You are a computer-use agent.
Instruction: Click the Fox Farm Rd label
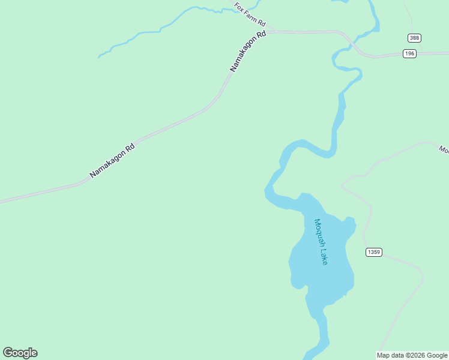pyautogui.click(x=250, y=14)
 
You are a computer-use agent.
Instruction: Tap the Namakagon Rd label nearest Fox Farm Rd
pyautogui.click(x=248, y=52)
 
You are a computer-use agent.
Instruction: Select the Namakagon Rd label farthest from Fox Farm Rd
pyautogui.click(x=112, y=160)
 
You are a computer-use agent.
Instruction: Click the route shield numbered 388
pyautogui.click(x=414, y=38)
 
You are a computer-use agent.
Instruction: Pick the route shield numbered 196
pyautogui.click(x=409, y=54)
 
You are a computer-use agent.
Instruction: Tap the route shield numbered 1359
pyautogui.click(x=373, y=252)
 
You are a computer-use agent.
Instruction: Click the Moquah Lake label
pyautogui.click(x=321, y=241)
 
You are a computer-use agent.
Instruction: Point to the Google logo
pyautogui.click(x=20, y=353)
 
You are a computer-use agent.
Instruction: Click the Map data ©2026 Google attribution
pyautogui.click(x=412, y=355)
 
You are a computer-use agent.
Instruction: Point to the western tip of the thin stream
pyautogui.click(x=99, y=58)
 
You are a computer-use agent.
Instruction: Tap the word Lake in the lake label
pyautogui.click(x=324, y=257)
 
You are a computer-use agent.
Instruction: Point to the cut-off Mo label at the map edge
pyautogui.click(x=444, y=149)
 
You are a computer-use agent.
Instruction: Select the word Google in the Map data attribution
pyautogui.click(x=437, y=355)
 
